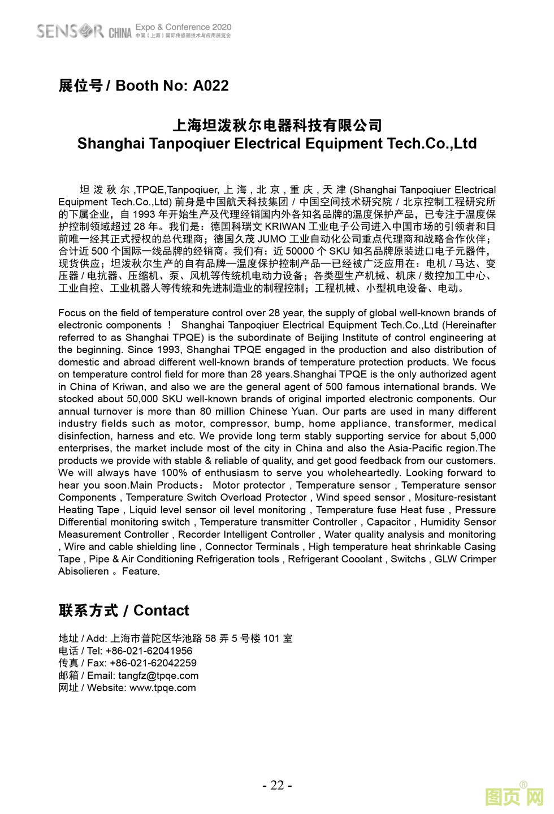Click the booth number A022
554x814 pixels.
pyautogui.click(x=211, y=85)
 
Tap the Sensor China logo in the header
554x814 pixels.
pyautogui.click(x=84, y=31)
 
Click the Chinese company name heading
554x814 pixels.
pyautogui.click(x=277, y=125)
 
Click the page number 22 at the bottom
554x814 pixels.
pyautogui.click(x=277, y=785)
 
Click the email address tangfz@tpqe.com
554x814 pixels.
pyautogui.click(x=158, y=675)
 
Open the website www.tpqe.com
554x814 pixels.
pyautogui.click(x=163, y=688)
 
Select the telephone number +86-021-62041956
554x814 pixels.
pyautogui.click(x=149, y=651)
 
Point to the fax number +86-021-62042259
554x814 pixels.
pyautogui.click(x=153, y=663)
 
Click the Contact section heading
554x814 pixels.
pyautogui.click(x=124, y=610)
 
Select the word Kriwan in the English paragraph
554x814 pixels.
pyautogui.click(x=128, y=387)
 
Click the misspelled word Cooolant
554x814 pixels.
pyautogui.click(x=358, y=559)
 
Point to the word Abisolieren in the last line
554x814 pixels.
pyautogui.click(x=84, y=571)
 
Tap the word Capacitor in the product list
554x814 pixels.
pyautogui.click(x=388, y=522)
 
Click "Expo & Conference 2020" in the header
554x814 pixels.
pyautogui.click(x=184, y=27)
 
